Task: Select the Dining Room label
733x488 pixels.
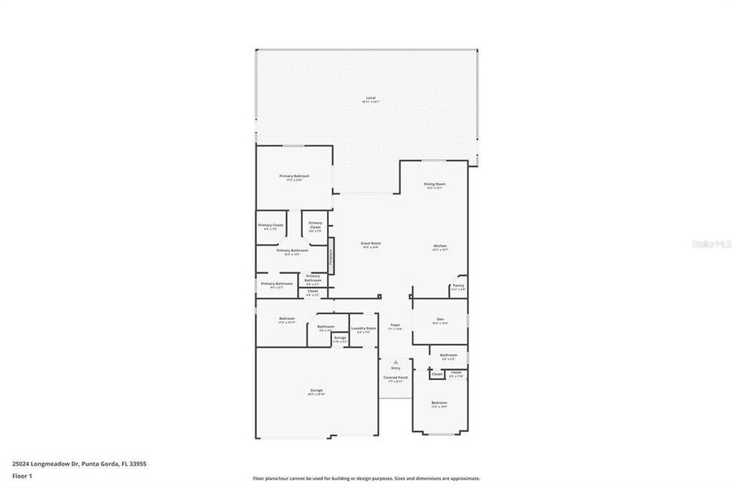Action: (434, 185)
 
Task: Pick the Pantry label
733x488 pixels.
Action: (458, 286)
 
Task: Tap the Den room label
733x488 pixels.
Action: (439, 320)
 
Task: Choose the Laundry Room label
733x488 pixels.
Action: (364, 329)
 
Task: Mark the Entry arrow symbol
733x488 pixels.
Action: (395, 362)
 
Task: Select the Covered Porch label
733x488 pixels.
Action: (395, 378)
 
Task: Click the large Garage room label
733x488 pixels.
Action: (316, 392)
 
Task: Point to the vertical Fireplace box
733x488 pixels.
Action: (331, 259)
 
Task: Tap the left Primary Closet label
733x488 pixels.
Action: (271, 226)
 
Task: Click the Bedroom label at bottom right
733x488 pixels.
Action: (438, 404)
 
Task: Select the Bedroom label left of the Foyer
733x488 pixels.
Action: (286, 320)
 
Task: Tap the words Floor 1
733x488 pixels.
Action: (21, 478)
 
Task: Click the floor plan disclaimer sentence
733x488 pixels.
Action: (366, 478)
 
